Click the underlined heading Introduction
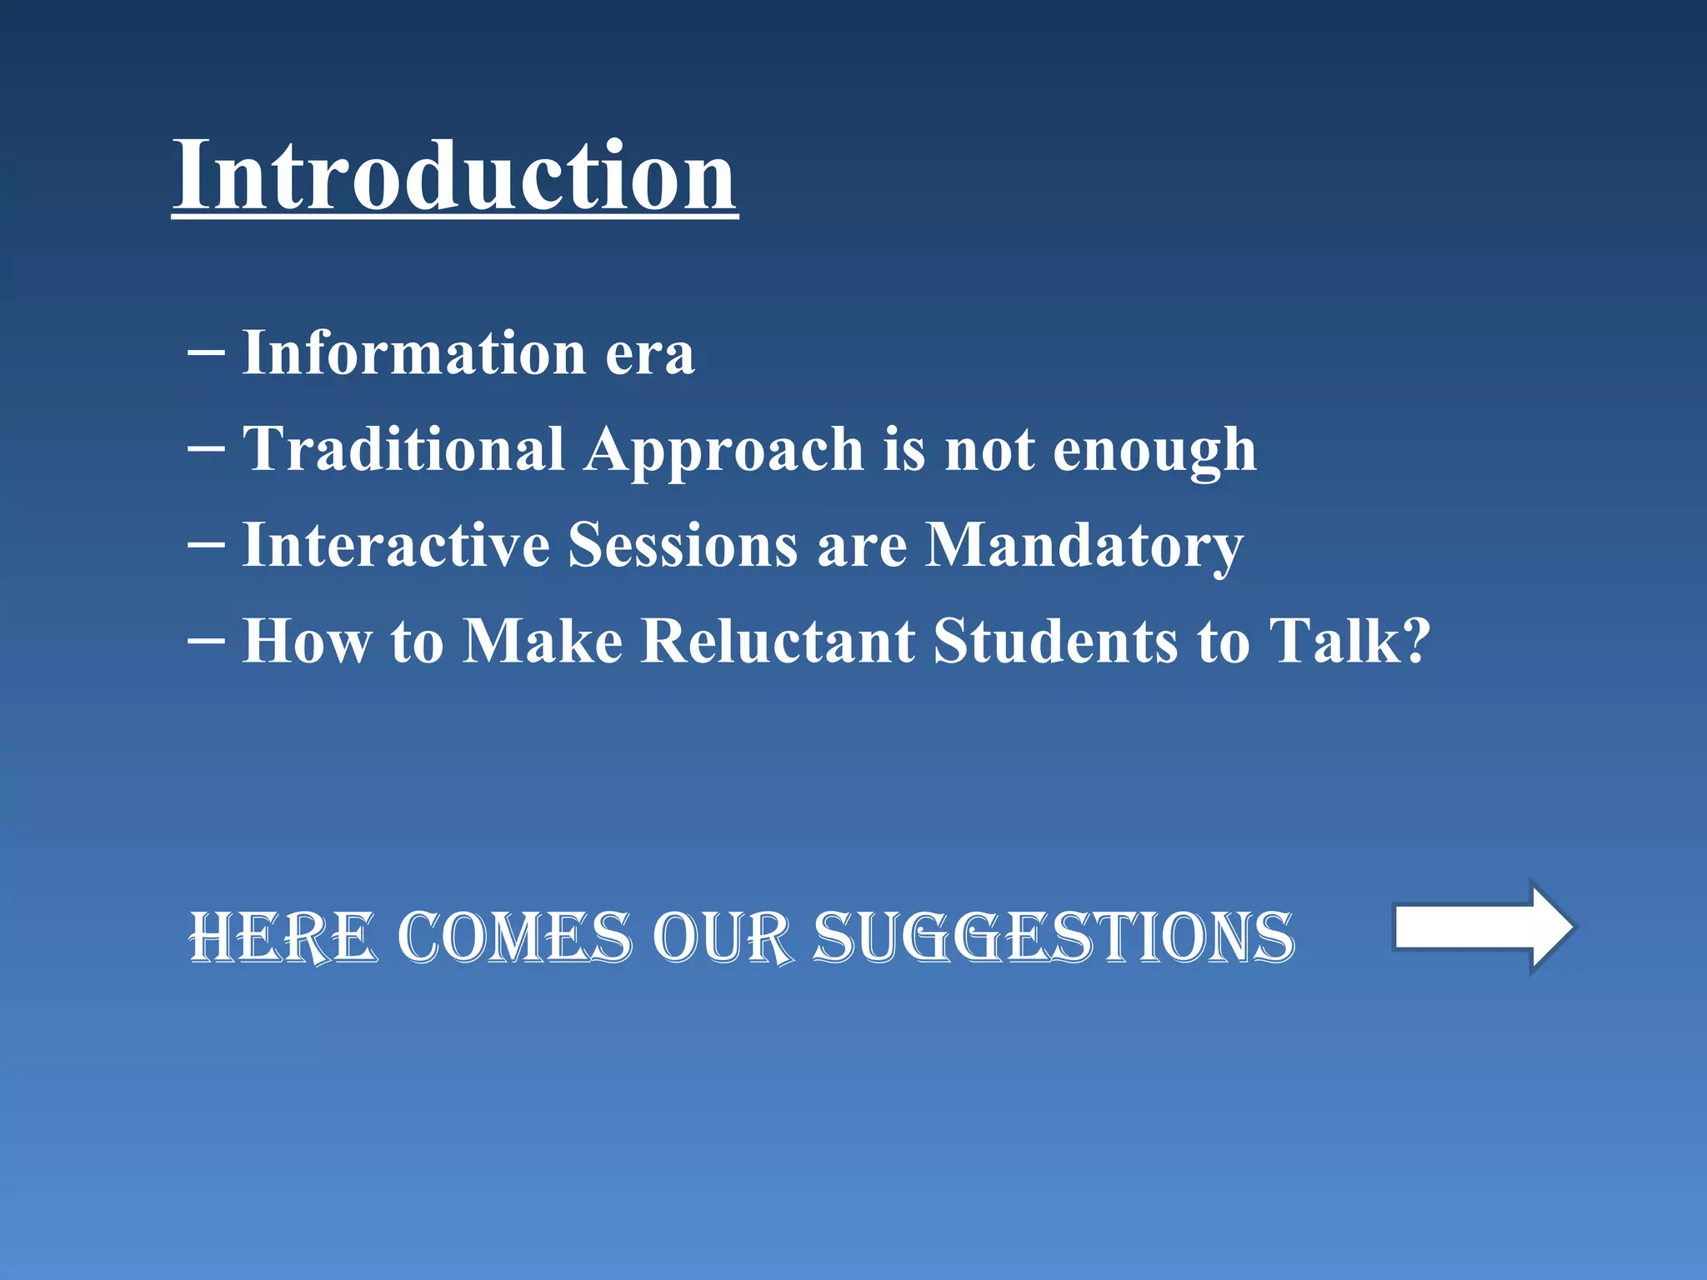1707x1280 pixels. pyautogui.click(x=454, y=177)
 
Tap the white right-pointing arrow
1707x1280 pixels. pyautogui.click(x=1482, y=927)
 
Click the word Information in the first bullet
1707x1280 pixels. pyautogui.click(x=414, y=353)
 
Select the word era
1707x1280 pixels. pyautogui.click(x=649, y=355)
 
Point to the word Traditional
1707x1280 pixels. pyautogui.click(x=403, y=449)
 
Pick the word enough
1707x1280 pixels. pyautogui.click(x=1154, y=451)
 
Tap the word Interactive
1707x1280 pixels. pyautogui.click(x=396, y=545)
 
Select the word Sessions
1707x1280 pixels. pyautogui.click(x=683, y=545)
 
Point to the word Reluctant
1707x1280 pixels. pyautogui.click(x=778, y=641)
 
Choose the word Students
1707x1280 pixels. pyautogui.click(x=1056, y=641)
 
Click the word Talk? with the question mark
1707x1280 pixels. pyautogui.click(x=1349, y=641)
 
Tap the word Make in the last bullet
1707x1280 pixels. pyautogui.click(x=543, y=641)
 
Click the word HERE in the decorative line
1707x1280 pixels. pyautogui.click(x=283, y=937)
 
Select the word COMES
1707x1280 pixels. pyautogui.click(x=514, y=937)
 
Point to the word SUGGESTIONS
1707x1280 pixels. pyautogui.click(x=1054, y=937)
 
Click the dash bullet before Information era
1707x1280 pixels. pyautogui.click(x=206, y=353)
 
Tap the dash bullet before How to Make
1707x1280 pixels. pyautogui.click(x=206, y=641)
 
